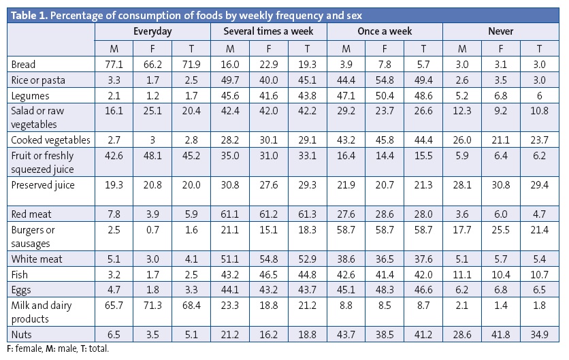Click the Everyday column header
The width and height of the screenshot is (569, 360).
152,31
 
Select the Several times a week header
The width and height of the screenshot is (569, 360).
269,31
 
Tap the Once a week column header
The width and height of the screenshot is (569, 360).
385,31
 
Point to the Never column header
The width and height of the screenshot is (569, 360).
500,31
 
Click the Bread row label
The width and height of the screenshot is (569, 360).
23,65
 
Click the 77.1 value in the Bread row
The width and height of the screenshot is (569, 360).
114,65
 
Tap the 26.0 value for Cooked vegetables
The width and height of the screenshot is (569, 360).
461,140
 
